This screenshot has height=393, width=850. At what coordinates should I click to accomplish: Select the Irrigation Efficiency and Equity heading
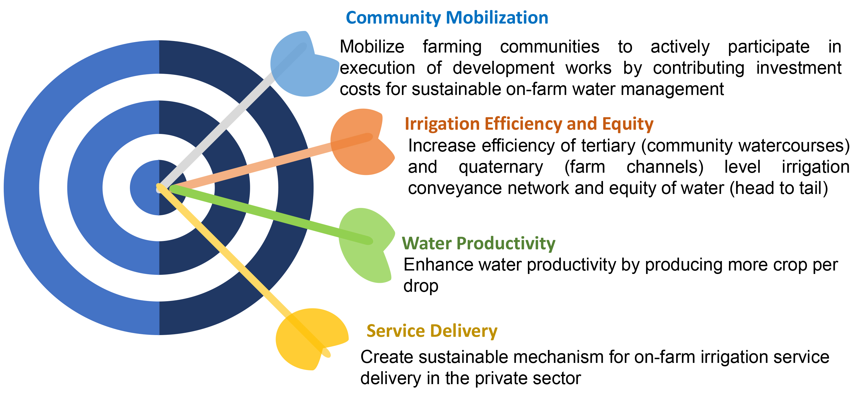coord(529,124)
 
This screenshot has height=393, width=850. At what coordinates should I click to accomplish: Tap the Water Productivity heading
coord(479,244)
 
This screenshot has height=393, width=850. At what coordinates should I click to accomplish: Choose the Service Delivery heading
coord(432,331)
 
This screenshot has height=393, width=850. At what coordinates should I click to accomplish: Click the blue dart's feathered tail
coord(304,64)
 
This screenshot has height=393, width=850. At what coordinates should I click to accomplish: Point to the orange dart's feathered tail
coord(362,142)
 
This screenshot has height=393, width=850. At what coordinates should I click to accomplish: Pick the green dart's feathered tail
coord(366,246)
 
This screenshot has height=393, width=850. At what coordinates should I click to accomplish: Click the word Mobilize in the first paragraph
coord(372,46)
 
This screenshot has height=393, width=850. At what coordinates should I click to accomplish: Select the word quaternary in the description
coord(501,167)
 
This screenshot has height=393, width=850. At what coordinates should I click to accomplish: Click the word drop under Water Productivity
coord(421,286)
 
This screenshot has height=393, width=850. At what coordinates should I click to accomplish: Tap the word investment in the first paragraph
coord(799,68)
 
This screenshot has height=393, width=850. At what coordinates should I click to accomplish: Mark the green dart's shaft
coord(271,215)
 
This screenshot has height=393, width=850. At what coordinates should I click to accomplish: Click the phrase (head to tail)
coord(779,188)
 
